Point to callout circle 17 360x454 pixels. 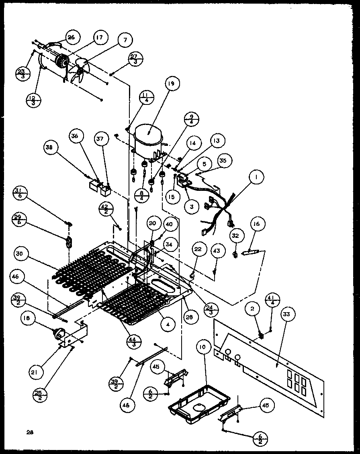99,39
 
